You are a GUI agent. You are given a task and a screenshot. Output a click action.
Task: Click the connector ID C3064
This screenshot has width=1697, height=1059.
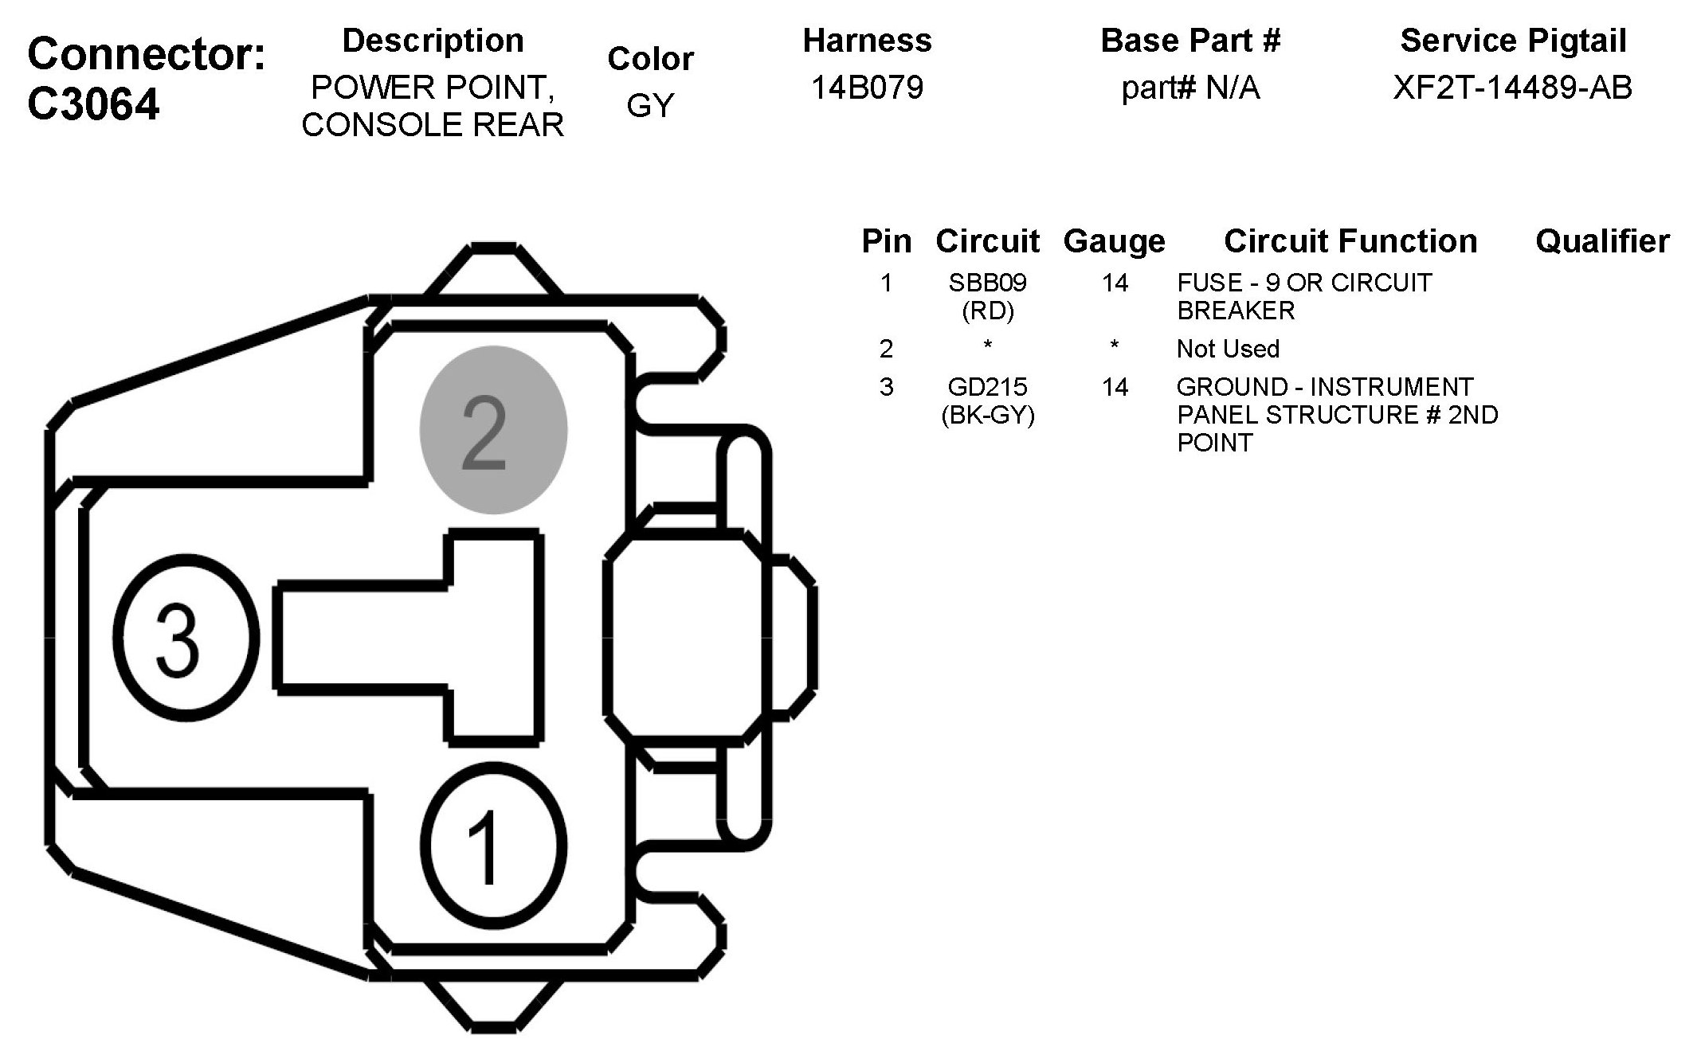93,104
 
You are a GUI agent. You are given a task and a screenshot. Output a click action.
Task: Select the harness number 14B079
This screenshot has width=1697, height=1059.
867,87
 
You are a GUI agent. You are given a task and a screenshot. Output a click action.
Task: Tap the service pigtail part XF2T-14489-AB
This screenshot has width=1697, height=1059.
1512,87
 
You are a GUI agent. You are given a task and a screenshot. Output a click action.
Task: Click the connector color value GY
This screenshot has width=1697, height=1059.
650,105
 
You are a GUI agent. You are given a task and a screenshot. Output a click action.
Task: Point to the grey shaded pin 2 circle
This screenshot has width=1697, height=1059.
493,430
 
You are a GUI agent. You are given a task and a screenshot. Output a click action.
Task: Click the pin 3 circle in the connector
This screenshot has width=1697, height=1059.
186,636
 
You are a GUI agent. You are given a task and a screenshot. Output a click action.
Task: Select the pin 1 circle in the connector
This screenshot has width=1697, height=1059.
493,846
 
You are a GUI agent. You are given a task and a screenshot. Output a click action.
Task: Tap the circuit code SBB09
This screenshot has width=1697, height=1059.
987,283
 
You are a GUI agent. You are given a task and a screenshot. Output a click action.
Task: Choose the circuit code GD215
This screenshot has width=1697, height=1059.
987,387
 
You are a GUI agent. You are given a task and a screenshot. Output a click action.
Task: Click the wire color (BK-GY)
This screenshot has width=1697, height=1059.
987,415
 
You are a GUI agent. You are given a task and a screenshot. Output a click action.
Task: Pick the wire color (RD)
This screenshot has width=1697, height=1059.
987,311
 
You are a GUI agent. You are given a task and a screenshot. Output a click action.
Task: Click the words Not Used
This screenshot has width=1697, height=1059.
1228,349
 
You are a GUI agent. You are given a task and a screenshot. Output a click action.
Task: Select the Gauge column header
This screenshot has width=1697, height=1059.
1114,241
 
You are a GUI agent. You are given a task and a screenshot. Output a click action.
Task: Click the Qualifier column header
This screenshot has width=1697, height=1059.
1602,241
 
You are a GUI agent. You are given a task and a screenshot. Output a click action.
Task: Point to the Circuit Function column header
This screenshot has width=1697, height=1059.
1350,241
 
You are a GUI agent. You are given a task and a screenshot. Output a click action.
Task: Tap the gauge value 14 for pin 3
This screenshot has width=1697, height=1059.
1115,387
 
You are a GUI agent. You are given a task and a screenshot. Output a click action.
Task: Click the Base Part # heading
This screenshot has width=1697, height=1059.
1190,41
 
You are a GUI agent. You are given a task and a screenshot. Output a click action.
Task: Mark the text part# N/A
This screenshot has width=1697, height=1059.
1190,87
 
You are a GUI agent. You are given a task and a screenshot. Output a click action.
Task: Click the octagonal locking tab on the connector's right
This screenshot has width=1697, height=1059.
685,637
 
